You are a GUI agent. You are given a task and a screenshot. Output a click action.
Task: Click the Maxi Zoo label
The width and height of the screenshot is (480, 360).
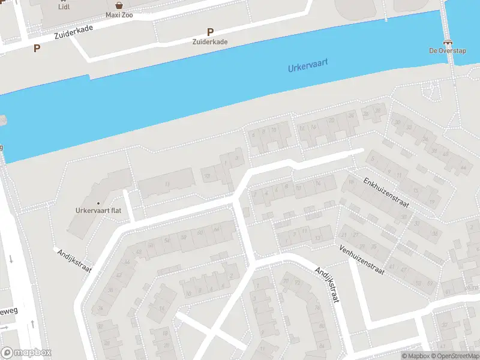119,14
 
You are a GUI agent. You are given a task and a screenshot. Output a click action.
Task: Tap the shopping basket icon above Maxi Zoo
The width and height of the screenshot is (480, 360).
119,5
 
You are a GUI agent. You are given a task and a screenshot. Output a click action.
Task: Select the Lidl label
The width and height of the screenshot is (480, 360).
64,7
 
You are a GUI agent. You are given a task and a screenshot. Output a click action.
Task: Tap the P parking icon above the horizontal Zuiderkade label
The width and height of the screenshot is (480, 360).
210,32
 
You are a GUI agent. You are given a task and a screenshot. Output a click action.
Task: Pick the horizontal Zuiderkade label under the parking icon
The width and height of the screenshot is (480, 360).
210,42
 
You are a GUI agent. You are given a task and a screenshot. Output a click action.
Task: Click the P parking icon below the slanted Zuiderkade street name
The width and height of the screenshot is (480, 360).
37,49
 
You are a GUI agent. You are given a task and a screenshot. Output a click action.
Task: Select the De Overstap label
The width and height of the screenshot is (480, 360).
446,50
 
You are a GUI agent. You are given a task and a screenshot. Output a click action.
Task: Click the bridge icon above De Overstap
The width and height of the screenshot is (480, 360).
447,42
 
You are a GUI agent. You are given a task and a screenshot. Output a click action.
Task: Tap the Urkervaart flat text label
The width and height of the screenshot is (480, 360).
98,211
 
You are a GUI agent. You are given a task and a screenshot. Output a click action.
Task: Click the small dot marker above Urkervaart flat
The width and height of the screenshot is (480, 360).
98,203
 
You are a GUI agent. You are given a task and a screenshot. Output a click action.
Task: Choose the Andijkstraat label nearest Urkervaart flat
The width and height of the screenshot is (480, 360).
74,261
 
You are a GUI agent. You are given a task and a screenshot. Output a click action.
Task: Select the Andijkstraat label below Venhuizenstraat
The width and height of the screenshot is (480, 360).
327,285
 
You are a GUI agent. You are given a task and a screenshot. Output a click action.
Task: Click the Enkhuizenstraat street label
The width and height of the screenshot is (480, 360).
386,192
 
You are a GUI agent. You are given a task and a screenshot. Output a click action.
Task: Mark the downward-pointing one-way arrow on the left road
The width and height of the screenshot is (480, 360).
11,259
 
